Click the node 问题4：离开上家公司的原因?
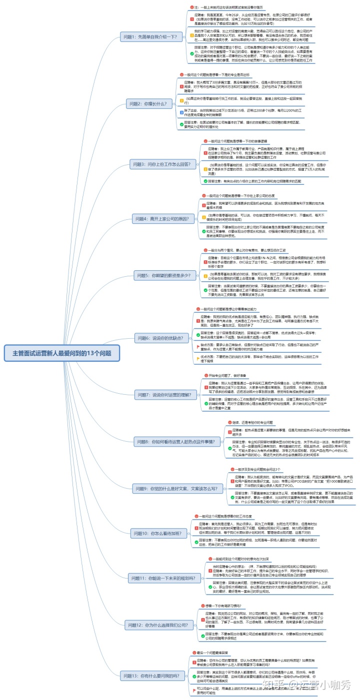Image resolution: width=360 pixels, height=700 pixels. (163, 219)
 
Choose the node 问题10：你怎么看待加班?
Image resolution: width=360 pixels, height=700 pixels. (158, 534)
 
